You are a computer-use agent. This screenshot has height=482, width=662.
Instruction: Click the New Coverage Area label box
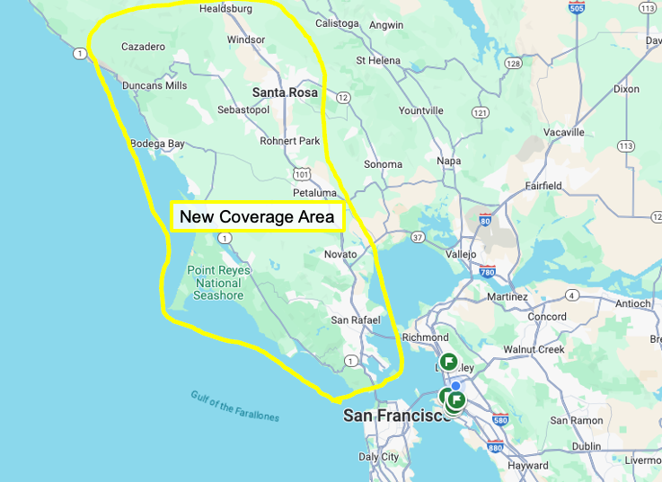[257, 216]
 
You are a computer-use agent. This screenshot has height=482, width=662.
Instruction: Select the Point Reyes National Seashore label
[218, 283]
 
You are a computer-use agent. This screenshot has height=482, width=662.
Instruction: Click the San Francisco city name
[396, 416]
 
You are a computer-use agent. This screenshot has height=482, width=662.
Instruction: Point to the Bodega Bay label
[157, 144]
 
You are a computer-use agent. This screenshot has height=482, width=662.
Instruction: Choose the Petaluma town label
[314, 193]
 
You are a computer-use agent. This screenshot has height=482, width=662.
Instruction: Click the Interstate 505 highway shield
[578, 8]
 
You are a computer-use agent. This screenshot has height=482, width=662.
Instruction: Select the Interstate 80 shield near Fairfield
[486, 220]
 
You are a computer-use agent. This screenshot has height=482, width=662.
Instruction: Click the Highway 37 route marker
[418, 237]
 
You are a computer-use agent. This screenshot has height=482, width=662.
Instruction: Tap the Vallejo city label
[461, 254]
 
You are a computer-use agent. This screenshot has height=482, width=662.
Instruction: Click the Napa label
[448, 161]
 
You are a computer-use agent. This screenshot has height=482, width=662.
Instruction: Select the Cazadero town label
[144, 46]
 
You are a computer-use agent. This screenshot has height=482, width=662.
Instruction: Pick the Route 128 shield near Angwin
[513, 64]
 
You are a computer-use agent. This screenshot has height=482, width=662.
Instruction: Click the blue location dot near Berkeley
[455, 386]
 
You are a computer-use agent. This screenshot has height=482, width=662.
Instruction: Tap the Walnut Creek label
[533, 348]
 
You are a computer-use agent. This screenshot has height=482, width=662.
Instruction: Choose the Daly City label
[378, 457]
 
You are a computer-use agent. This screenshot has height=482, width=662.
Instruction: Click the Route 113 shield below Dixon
[625, 145]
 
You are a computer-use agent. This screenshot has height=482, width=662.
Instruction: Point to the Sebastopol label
[243, 110]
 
